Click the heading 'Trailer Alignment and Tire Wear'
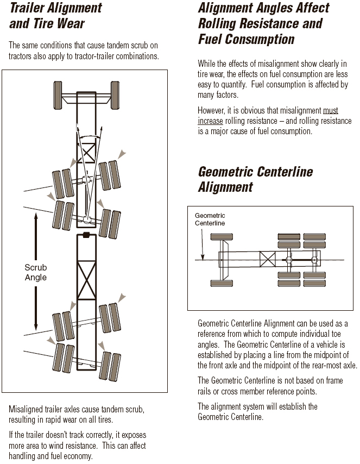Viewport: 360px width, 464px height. pos(55,16)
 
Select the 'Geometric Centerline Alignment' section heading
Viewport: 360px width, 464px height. pos(255,179)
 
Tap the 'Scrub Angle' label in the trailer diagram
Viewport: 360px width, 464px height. pos(36,272)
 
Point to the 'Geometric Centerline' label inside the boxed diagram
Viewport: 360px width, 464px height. pos(210,220)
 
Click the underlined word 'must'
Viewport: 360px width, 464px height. pos(330,111)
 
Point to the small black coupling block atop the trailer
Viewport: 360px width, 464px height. pos(86,235)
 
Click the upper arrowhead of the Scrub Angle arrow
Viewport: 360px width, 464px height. pos(36,216)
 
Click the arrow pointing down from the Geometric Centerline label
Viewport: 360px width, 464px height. pos(202,255)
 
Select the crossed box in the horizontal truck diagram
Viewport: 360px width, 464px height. pos(267,259)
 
